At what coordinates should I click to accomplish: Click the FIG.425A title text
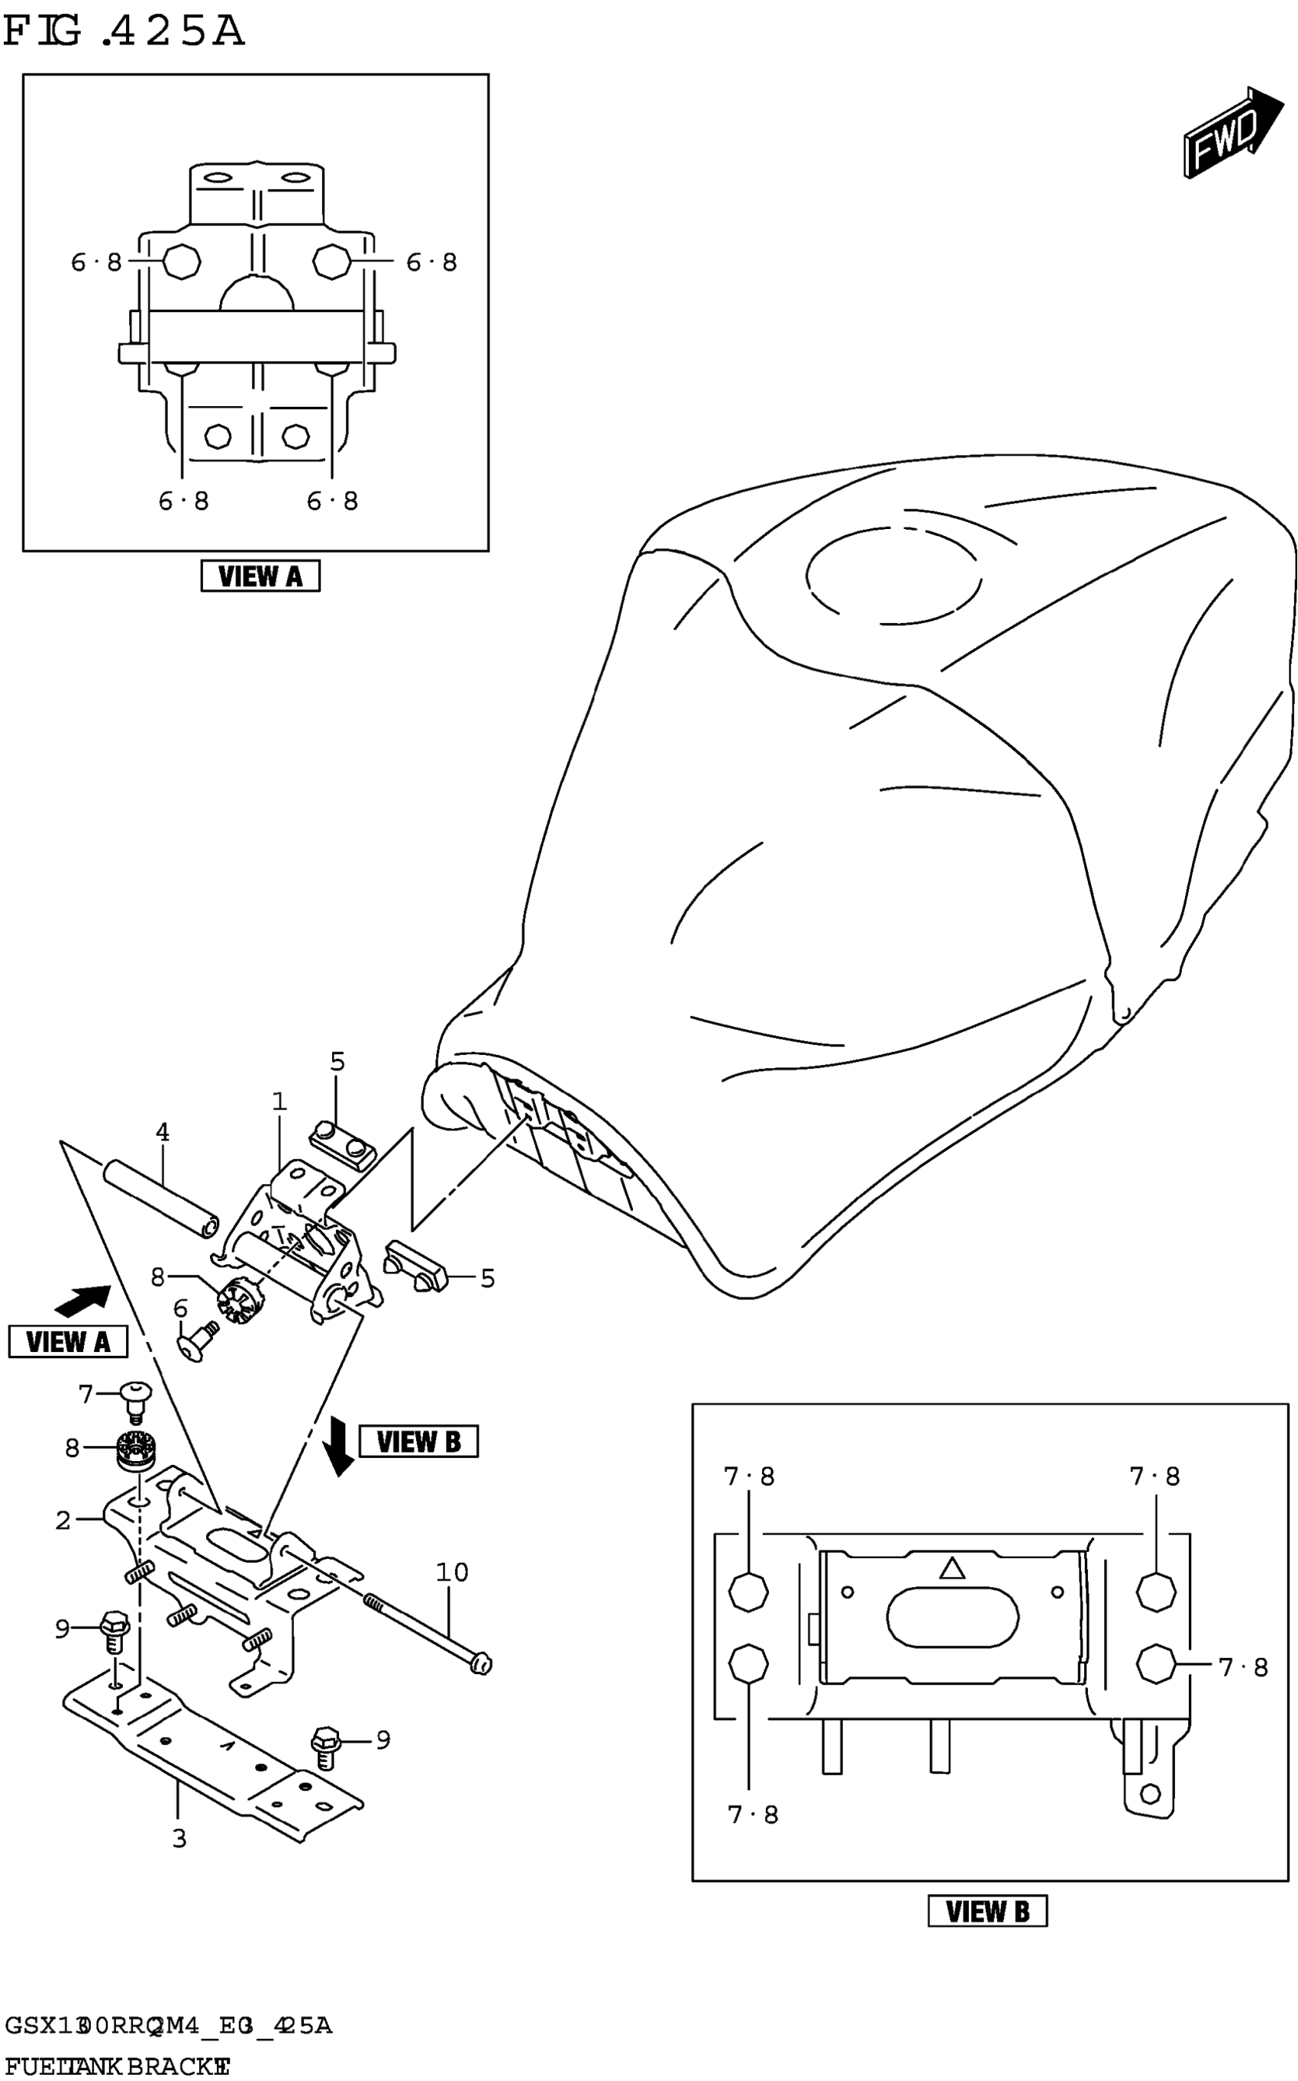point(124,32)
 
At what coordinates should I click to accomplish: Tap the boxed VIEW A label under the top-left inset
point(260,576)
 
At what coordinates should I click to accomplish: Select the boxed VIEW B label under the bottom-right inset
point(987,1911)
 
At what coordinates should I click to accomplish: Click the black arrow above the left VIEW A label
point(83,1301)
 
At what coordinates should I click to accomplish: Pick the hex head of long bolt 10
point(481,1664)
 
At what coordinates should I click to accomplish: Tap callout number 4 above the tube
point(162,1133)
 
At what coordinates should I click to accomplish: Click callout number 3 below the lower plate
point(179,1839)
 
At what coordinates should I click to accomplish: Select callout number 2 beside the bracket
point(63,1521)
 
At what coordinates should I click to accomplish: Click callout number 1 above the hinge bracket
point(279,1101)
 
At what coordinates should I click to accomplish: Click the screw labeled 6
point(195,1340)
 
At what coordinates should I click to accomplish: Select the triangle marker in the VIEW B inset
point(952,1568)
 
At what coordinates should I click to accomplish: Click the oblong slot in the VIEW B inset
point(952,1618)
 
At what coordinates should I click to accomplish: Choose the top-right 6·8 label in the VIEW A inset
point(431,262)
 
